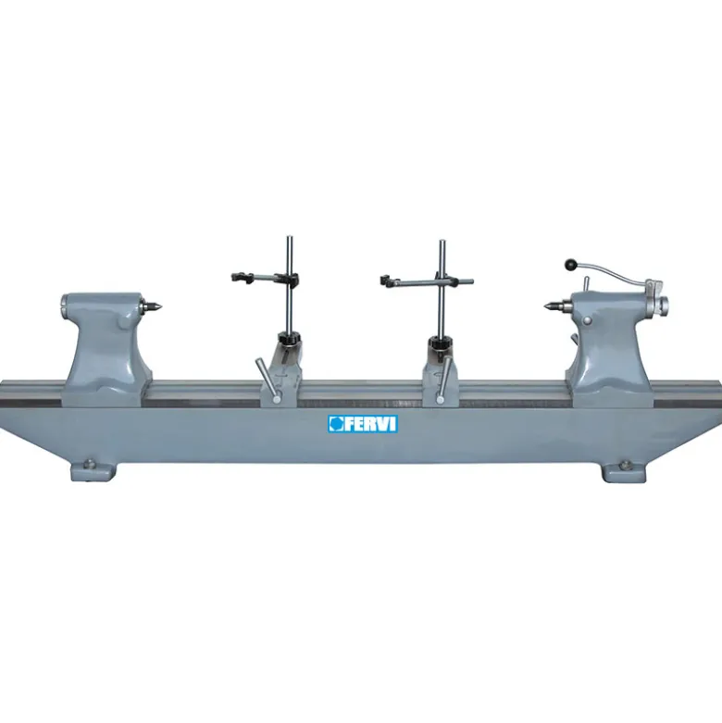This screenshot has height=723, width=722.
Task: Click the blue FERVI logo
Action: [x=363, y=424]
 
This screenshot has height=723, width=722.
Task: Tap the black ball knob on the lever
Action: [x=571, y=265]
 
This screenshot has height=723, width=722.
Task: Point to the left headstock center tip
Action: [x=161, y=305]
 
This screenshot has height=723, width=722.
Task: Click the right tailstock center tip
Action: [x=547, y=305]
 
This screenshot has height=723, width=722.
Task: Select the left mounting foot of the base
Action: [x=93, y=470]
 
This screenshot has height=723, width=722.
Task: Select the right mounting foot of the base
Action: [x=623, y=470]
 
